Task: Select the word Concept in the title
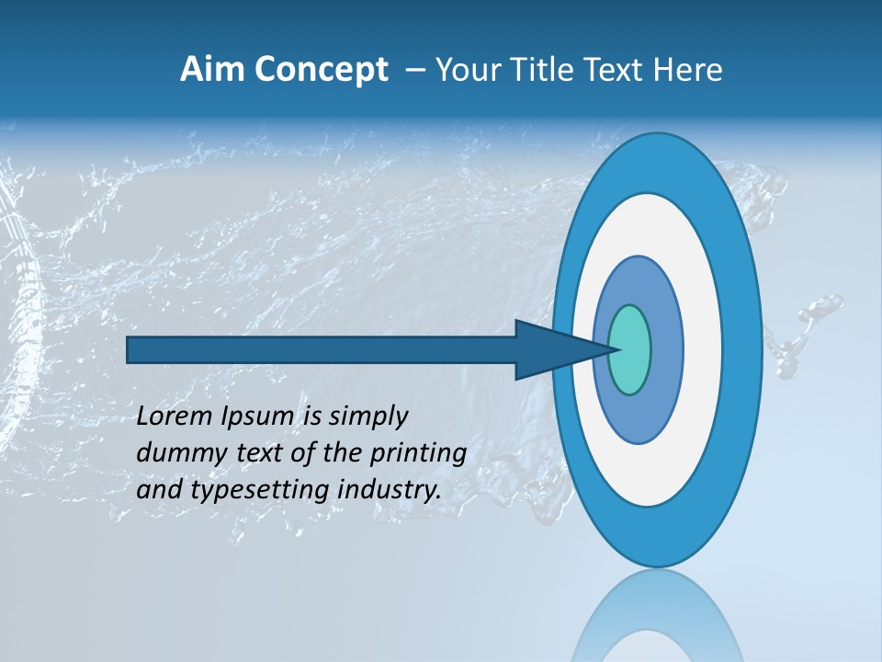coord(321,70)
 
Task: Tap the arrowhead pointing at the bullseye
coord(560,349)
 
